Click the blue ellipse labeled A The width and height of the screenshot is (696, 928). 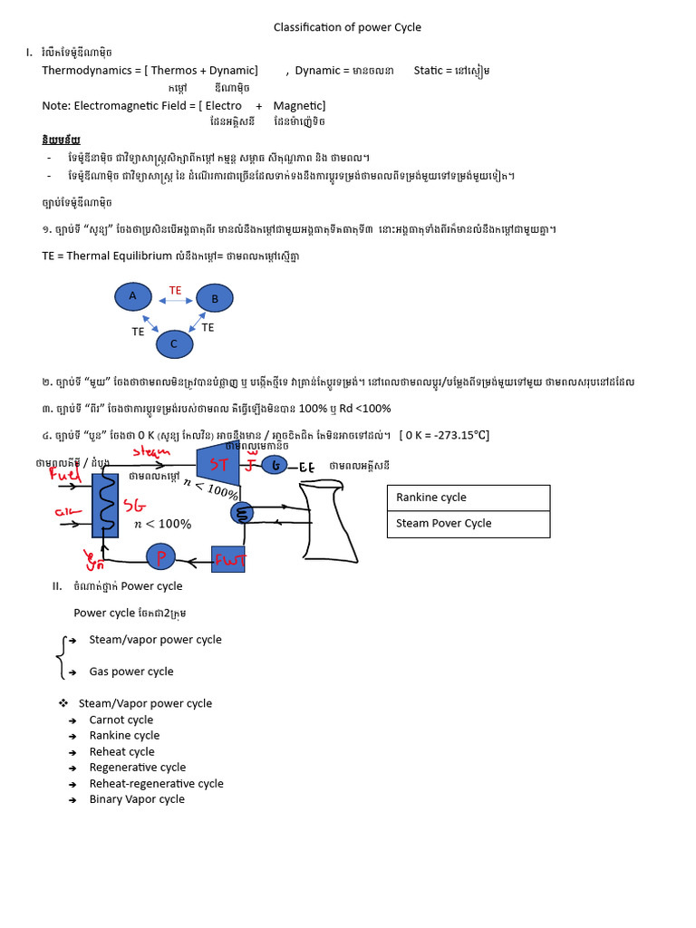[x=134, y=296]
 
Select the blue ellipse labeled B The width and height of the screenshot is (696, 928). [x=216, y=298]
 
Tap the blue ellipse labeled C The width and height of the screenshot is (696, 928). [x=174, y=344]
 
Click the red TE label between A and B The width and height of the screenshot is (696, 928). [x=175, y=290]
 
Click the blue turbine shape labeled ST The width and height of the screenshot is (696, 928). [x=217, y=466]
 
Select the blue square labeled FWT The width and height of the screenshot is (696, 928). [x=228, y=560]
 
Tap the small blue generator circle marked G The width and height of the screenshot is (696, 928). [x=275, y=466]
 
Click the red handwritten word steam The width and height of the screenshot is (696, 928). [x=151, y=450]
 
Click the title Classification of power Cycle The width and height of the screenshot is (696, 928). [x=347, y=27]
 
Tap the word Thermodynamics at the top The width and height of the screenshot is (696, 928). [x=86, y=70]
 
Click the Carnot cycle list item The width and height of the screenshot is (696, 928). [x=121, y=720]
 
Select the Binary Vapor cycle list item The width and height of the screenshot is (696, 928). [x=137, y=799]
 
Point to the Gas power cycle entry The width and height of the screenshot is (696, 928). [x=131, y=672]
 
